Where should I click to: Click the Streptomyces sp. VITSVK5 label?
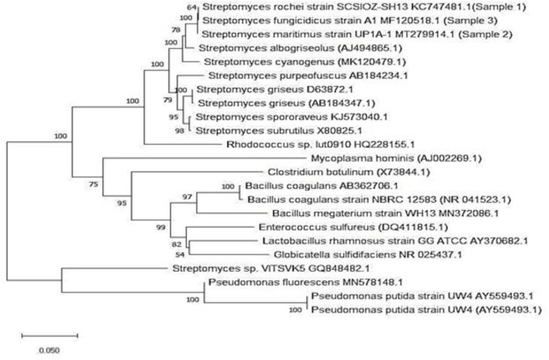point(245,268)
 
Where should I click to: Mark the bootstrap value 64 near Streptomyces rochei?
point(194,6)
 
